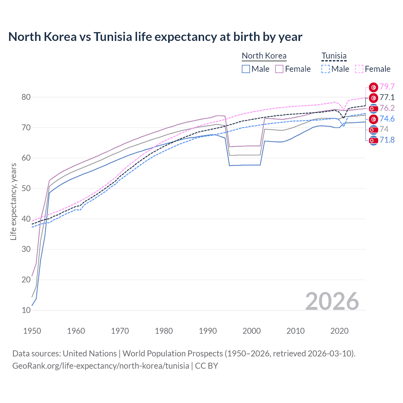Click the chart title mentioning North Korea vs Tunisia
155,37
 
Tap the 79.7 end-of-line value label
387,87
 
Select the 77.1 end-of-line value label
387,97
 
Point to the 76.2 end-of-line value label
387,108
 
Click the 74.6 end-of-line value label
387,119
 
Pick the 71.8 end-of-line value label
387,140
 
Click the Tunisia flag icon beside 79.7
373,87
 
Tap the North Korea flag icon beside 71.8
373,140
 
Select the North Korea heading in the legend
264,56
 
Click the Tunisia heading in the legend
334,56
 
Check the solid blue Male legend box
246,69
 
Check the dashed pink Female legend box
359,69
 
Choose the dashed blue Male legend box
326,69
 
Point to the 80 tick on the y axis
26,97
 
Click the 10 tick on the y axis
26,310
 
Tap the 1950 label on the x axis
32,331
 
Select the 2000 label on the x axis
252,331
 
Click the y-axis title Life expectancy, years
13,201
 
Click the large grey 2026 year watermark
332,301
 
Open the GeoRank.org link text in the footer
101,366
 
